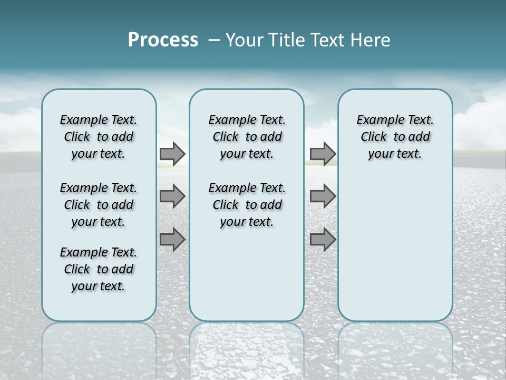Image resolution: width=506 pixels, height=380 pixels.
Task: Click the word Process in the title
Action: [163, 40]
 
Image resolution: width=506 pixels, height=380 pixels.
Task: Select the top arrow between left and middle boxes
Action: [172, 154]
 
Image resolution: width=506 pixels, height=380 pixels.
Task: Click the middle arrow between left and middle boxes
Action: [172, 196]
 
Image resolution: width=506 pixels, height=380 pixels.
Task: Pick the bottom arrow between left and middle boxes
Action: [172, 239]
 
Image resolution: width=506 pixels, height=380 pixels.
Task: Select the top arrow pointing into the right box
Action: [323, 154]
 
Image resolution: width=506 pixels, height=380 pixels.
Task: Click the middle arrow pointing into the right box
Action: [323, 196]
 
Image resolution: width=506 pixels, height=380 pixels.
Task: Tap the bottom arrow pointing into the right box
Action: [323, 239]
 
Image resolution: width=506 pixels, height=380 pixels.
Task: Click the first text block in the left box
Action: [99, 137]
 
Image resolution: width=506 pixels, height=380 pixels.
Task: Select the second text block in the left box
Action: [99, 205]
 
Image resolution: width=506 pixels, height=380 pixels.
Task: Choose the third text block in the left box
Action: [99, 269]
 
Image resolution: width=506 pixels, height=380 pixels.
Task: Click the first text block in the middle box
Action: [247, 137]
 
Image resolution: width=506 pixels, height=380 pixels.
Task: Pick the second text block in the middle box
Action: [247, 205]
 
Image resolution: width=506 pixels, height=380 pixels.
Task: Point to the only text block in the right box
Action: [395, 137]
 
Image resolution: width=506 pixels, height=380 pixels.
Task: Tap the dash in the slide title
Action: [214, 40]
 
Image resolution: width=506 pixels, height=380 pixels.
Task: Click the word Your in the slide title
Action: [244, 40]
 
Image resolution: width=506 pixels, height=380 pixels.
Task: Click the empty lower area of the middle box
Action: [247, 274]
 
